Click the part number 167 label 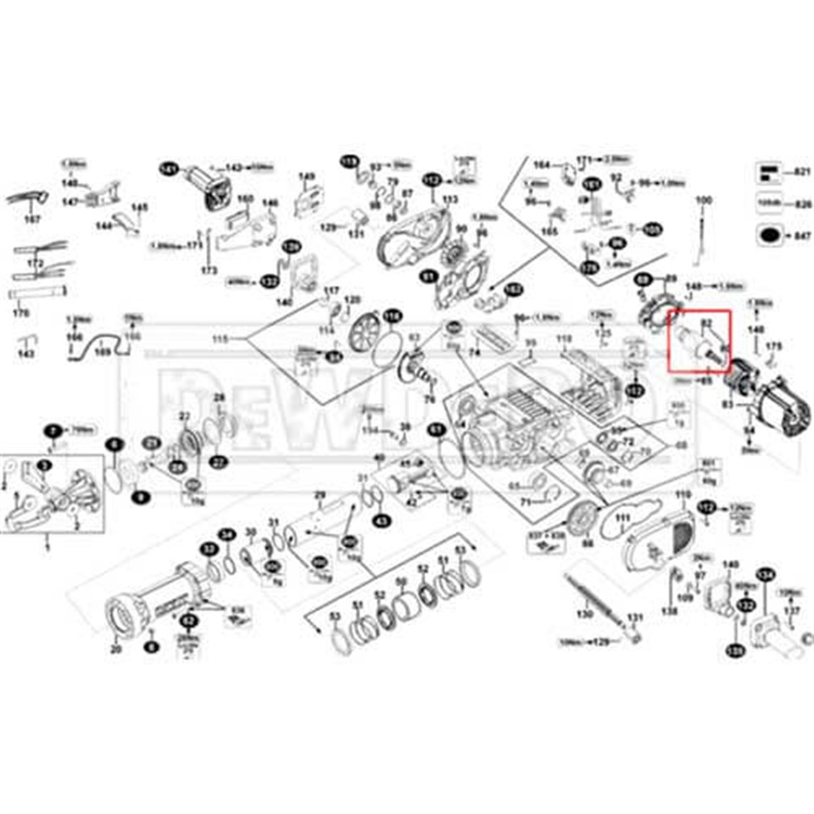coord(32,220)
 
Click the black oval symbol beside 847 coord(770,235)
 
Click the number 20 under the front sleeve coord(115,650)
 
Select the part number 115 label coord(220,339)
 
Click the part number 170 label coord(23,313)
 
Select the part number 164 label coord(543,164)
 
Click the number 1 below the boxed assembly coord(47,549)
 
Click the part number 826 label coord(803,203)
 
